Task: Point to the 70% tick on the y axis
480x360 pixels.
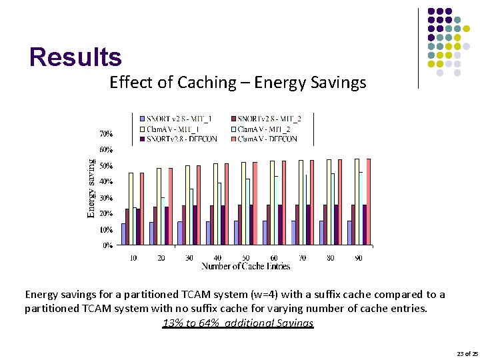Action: (x=107, y=134)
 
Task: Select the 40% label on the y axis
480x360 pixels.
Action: (x=107, y=181)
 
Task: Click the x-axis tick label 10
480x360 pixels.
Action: (x=133, y=258)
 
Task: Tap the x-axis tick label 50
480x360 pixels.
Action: (x=246, y=258)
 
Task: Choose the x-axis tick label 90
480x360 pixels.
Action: (x=359, y=258)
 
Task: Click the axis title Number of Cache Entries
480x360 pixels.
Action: (x=246, y=267)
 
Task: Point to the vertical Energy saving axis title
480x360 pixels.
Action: (x=91, y=188)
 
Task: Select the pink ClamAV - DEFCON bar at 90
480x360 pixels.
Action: (x=369, y=201)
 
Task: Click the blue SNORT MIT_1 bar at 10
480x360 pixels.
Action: (x=124, y=234)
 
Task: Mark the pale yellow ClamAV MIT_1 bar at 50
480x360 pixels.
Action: (x=243, y=203)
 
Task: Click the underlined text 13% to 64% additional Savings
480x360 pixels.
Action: (x=237, y=323)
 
